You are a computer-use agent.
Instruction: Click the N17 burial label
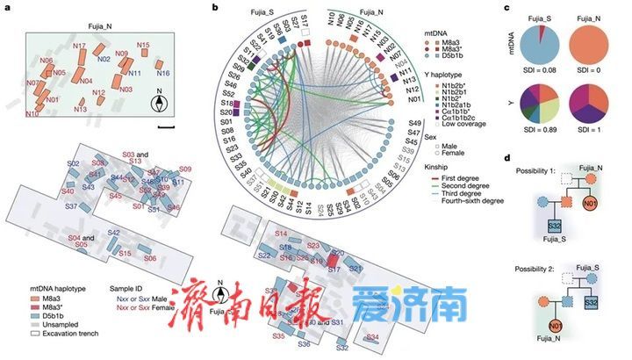(x=79, y=46)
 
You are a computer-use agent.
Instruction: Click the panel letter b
(x=204, y=7)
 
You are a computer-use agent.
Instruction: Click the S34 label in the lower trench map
(x=373, y=337)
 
